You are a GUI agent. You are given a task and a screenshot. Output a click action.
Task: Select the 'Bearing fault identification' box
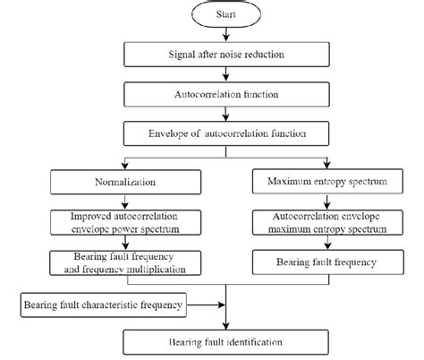pyautogui.click(x=229, y=342)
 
